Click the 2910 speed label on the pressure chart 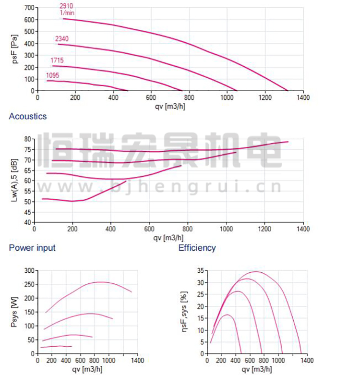pos(66,6)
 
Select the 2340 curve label pos(61,38)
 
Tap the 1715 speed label pos(57,60)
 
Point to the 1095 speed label pos(53,75)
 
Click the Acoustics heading pos(28,116)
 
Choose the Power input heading pos(32,248)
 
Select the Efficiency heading pos(197,248)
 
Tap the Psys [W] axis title pos(14,312)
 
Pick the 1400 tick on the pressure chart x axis pos(302,97)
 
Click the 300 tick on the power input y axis pos(29,271)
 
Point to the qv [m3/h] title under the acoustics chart pos(168,237)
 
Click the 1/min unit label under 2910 pos(67,12)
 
